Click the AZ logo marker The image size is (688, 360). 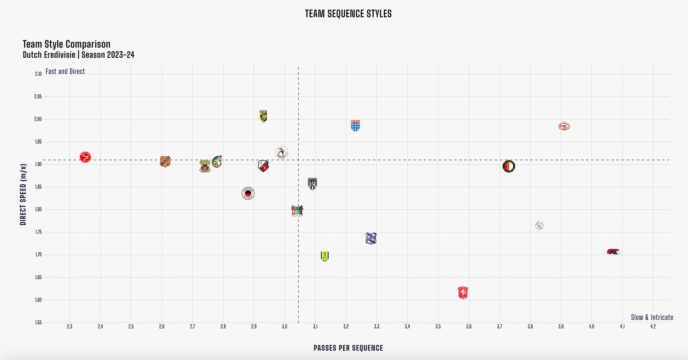click(x=613, y=252)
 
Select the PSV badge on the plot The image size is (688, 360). click(x=564, y=126)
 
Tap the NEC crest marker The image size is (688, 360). click(x=297, y=211)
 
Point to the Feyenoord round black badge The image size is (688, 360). click(x=509, y=166)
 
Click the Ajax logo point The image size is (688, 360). click(x=540, y=226)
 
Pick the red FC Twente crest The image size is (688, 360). click(x=463, y=293)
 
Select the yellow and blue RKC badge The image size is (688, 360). click(x=325, y=256)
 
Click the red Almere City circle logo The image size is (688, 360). click(x=85, y=157)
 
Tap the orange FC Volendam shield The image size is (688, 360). click(x=165, y=161)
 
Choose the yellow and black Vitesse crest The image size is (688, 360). click(x=263, y=116)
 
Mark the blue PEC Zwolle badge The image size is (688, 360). click(x=355, y=125)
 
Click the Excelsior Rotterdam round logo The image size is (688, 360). click(x=248, y=193)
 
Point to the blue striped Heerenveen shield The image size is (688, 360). click(x=371, y=238)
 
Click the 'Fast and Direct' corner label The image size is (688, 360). click(x=65, y=72)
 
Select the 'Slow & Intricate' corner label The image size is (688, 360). click(x=652, y=317)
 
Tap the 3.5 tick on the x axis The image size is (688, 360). click(x=438, y=327)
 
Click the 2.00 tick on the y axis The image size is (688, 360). click(x=37, y=119)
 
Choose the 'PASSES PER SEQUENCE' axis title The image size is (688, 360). click(x=348, y=348)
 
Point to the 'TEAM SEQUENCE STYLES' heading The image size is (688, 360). click(x=348, y=14)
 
